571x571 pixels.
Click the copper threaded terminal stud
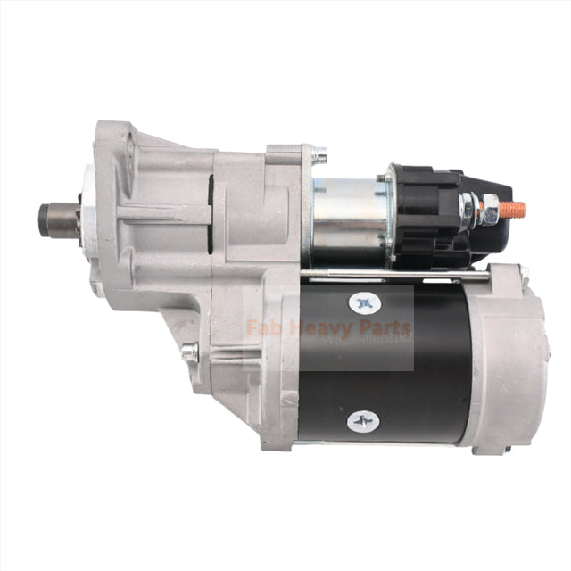tap(513, 211)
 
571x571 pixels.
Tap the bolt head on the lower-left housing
tap(188, 352)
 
